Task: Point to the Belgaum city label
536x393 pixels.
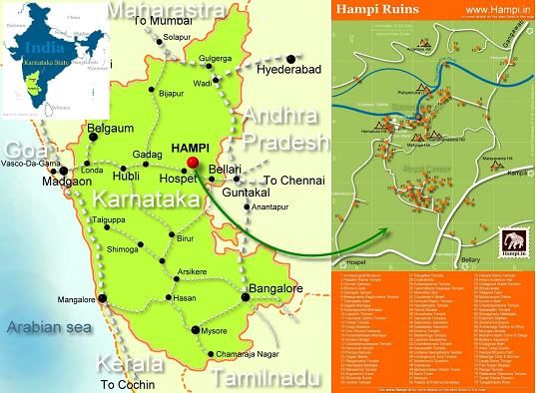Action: [x=111, y=130]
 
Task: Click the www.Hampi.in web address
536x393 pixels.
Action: [x=493, y=9]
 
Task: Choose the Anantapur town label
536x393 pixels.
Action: [x=273, y=206]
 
